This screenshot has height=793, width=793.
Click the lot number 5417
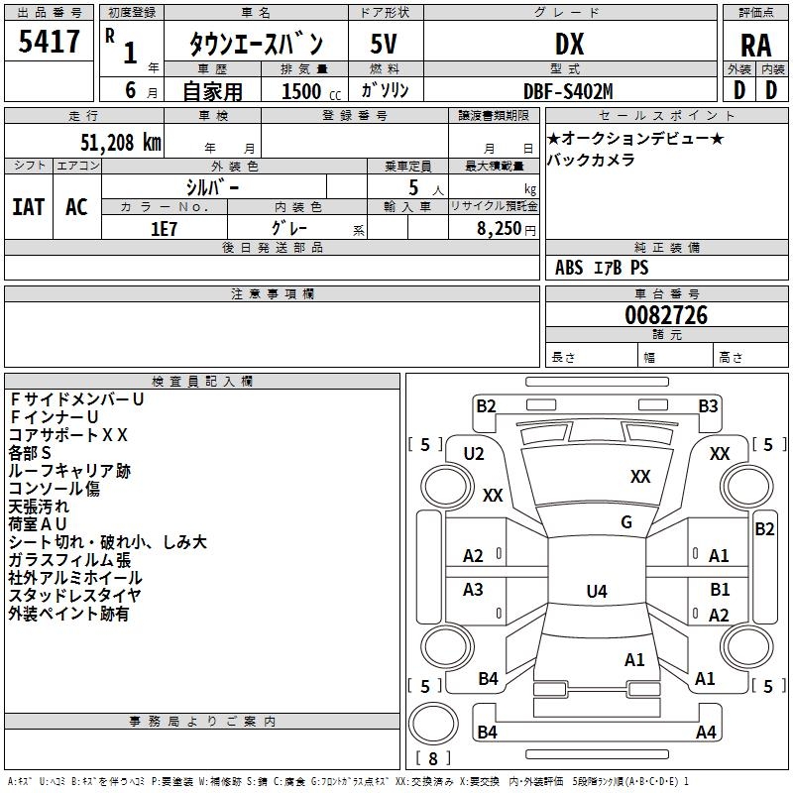(50, 42)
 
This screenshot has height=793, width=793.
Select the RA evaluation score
(755, 45)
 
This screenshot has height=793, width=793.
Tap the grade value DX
(569, 44)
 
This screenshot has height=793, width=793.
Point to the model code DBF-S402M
(568, 91)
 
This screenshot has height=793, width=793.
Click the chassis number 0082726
(666, 316)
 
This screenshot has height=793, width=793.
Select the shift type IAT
(28, 206)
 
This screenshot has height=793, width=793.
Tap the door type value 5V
(384, 44)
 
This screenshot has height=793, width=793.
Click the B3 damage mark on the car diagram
(708, 405)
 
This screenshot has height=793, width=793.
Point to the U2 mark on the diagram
(474, 453)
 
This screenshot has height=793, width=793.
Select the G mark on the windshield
(626, 522)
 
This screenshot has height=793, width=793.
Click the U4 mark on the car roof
(596, 592)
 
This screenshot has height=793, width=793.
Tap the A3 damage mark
(474, 590)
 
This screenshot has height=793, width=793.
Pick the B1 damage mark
(720, 590)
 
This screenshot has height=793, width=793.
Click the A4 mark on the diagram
(706, 733)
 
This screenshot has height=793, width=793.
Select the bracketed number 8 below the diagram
(432, 758)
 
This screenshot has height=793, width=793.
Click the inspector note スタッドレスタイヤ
(75, 596)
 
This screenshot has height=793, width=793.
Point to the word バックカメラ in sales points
(591, 160)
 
